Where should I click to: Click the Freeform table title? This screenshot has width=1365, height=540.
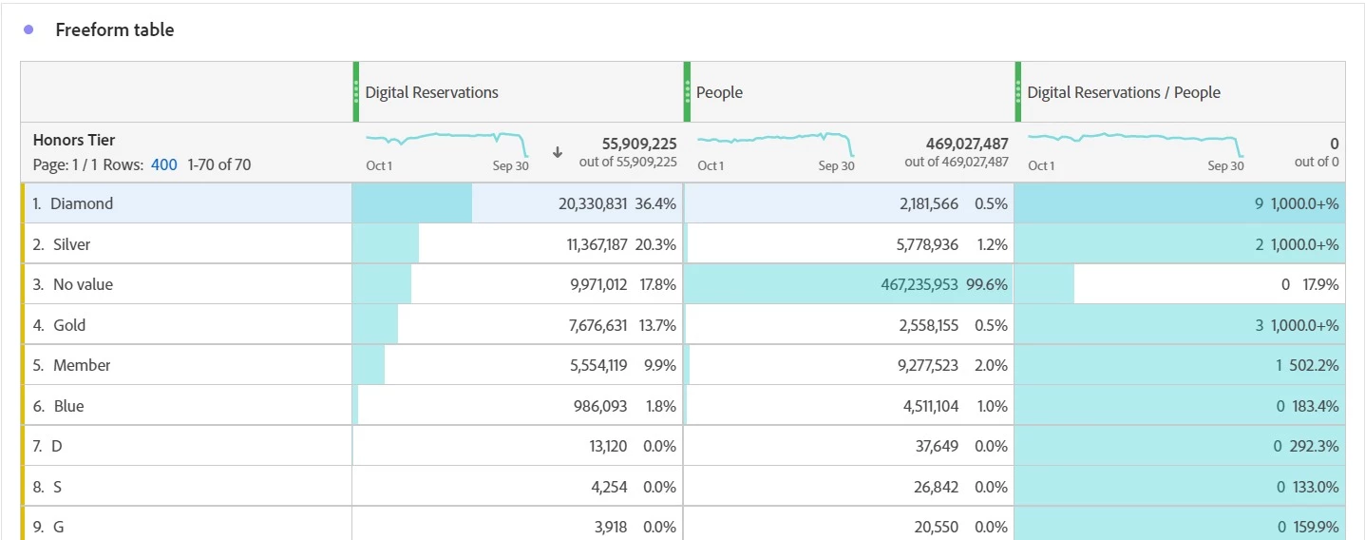114,29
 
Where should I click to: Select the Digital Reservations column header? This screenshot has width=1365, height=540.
431,92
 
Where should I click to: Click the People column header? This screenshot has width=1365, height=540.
719,92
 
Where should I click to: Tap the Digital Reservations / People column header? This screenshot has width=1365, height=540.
1123,92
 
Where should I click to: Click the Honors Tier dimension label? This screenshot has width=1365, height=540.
74,140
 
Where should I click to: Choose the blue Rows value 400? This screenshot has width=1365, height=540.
163,164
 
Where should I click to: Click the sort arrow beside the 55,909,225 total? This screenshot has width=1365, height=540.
558,152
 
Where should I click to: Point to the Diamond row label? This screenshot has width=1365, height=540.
82,203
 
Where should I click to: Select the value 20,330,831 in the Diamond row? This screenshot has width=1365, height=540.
593,203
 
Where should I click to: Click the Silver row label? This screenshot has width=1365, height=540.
72,244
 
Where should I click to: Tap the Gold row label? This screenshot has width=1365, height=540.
69,325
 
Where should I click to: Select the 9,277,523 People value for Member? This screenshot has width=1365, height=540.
927,365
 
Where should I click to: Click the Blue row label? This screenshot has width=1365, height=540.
68,406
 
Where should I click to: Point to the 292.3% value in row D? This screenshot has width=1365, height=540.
1314,446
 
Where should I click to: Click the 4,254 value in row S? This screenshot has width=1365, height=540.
609,487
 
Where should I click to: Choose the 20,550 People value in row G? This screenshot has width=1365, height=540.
937,527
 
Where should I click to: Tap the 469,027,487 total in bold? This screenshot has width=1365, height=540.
966,144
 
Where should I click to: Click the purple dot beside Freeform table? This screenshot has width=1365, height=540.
28,29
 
